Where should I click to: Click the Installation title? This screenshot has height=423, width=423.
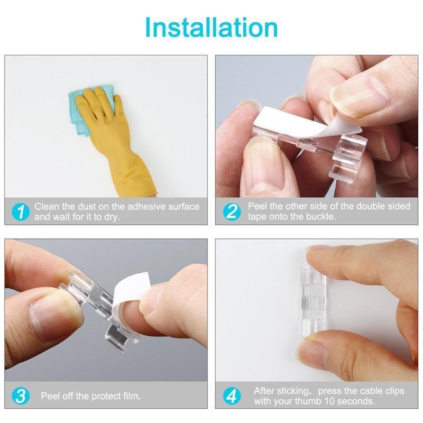211,27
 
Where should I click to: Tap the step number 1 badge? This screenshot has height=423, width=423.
21,212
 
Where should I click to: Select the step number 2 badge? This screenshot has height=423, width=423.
232,212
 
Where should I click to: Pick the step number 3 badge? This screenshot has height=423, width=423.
21,396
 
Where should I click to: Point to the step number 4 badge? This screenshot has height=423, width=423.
232,396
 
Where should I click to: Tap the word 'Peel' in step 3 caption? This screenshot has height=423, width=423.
50,396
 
